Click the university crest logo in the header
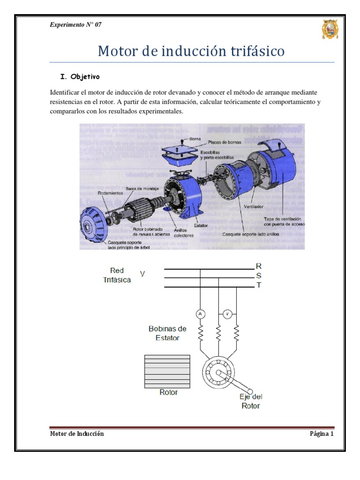click(x=330, y=30)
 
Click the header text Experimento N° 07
click(x=75, y=25)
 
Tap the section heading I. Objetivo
click(x=77, y=76)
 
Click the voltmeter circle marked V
click(x=227, y=314)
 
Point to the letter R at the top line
click(x=258, y=266)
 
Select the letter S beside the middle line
click(x=258, y=276)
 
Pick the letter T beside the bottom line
click(x=258, y=285)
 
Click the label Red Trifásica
click(x=117, y=275)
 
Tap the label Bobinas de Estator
click(x=167, y=333)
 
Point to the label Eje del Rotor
click(x=250, y=401)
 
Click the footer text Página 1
click(x=321, y=434)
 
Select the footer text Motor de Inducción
click(x=77, y=434)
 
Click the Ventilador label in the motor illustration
click(x=253, y=206)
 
